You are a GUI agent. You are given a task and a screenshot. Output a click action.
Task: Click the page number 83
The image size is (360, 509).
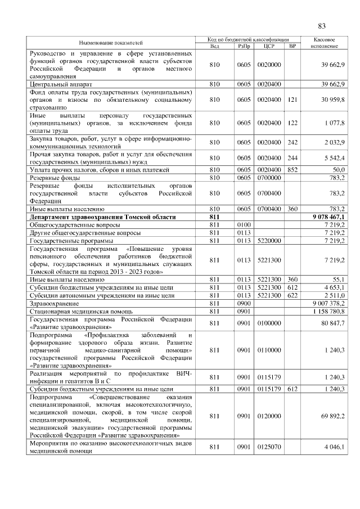click(322, 25)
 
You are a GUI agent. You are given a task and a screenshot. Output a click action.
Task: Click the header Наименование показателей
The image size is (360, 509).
click(111, 43)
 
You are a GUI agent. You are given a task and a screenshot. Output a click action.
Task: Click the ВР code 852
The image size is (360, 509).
click(292, 169)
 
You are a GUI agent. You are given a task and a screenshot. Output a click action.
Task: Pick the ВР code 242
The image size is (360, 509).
click(292, 142)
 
